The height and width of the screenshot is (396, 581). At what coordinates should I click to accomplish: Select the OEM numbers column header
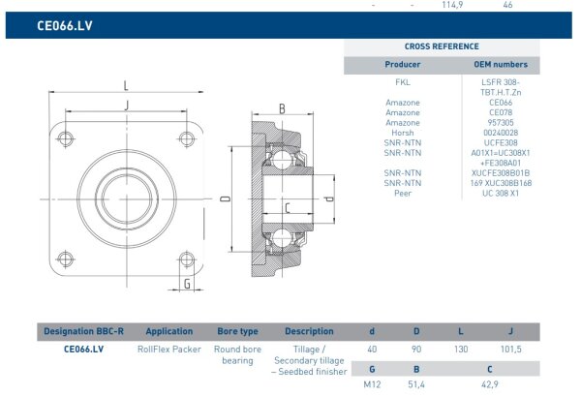tap(500, 64)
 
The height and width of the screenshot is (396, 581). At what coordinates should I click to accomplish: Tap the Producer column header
tap(403, 64)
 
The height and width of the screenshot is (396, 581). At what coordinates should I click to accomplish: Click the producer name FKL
tap(403, 82)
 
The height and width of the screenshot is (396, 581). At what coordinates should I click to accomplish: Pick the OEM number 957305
tap(500, 122)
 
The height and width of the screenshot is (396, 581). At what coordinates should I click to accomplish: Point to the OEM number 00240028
tap(500, 133)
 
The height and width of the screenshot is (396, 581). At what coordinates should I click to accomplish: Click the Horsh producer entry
tap(403, 133)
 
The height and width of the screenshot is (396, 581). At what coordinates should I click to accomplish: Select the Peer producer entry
tap(403, 193)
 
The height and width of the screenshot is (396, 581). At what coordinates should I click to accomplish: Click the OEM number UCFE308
tap(500, 142)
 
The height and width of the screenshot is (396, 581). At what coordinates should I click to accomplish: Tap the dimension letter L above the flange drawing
tap(127, 83)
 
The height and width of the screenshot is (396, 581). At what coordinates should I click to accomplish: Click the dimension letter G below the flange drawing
tap(186, 284)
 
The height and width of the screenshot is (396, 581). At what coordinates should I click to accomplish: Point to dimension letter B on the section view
tap(282, 108)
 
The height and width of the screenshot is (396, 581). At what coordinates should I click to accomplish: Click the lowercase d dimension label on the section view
tap(328, 199)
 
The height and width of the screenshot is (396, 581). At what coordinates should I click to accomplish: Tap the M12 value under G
tap(372, 385)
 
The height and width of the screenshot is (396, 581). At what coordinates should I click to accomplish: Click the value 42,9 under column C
tap(491, 385)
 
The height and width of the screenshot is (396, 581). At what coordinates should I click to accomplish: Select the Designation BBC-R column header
tap(83, 331)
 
